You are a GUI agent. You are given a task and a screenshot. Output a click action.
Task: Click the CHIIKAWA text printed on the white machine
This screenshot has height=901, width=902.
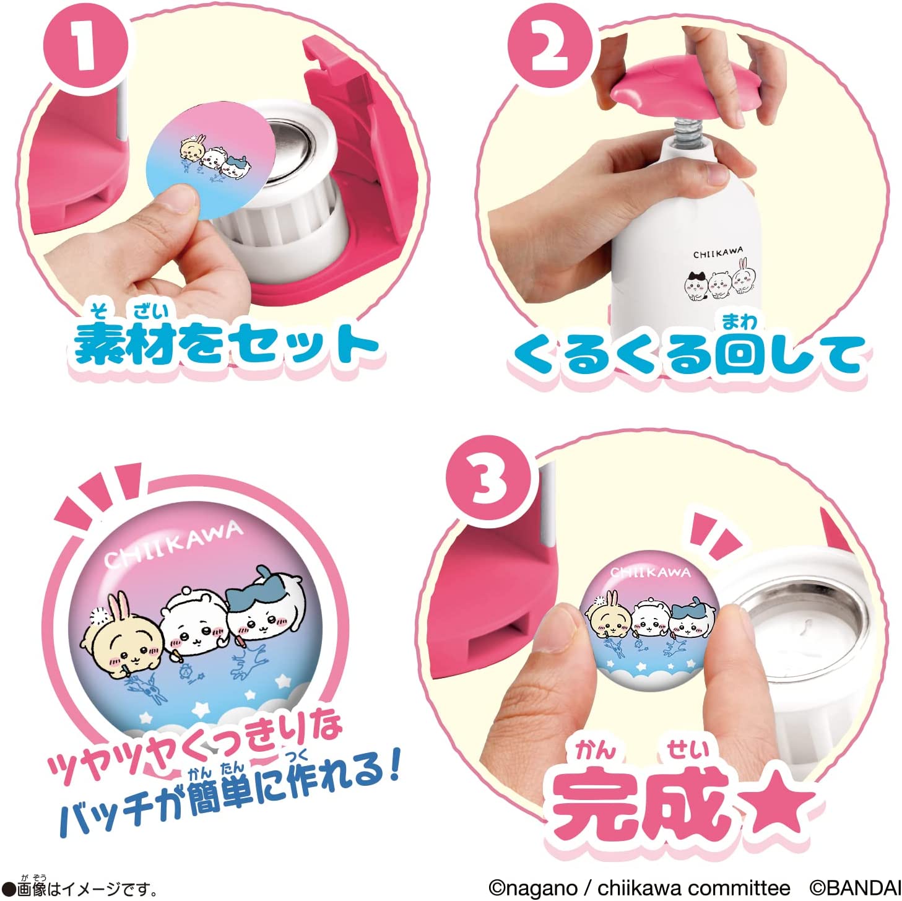pyautogui.click(x=718, y=253)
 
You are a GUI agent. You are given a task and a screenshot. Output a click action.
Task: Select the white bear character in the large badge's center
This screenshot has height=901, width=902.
pyautogui.click(x=193, y=625)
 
